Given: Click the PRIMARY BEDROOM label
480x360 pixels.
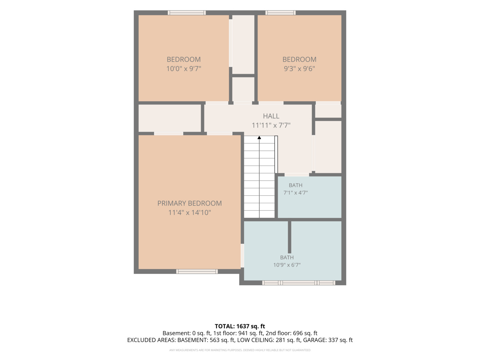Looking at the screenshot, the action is click(x=189, y=203).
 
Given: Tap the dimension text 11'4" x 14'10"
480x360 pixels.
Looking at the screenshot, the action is click(x=189, y=212).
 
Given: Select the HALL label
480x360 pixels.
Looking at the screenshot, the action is click(x=271, y=116).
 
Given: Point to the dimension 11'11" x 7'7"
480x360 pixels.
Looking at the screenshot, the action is click(x=271, y=125).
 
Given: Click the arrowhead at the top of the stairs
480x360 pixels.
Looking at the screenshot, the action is click(x=259, y=137).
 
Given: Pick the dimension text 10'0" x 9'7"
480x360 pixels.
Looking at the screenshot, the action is click(x=184, y=69).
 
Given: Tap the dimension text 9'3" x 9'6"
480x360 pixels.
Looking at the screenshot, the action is click(x=299, y=69).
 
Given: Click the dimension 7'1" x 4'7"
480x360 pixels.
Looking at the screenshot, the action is click(x=295, y=193).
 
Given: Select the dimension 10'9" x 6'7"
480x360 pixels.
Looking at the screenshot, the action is click(x=287, y=265).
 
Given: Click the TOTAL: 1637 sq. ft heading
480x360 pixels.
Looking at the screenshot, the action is click(x=240, y=326).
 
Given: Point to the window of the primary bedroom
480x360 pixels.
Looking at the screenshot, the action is click(x=197, y=271).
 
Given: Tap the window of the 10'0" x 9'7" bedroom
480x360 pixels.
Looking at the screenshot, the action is click(x=187, y=13).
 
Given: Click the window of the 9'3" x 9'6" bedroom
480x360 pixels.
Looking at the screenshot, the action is click(x=280, y=13).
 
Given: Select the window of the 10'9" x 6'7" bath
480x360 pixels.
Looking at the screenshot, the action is click(x=298, y=283).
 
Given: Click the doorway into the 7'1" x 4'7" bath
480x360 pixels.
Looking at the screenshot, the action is click(x=297, y=175).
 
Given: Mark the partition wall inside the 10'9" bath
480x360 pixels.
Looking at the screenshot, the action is click(x=289, y=237).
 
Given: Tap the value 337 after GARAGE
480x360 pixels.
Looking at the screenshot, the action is click(x=333, y=340).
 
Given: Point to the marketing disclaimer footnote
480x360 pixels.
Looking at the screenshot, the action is click(x=240, y=350).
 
